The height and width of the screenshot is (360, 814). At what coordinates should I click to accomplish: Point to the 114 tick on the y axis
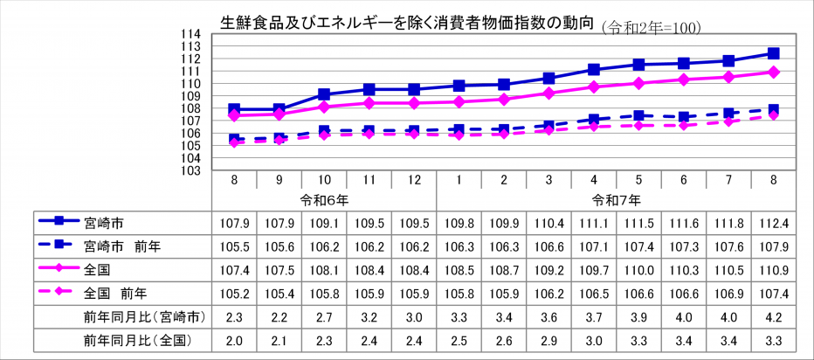tap(191, 34)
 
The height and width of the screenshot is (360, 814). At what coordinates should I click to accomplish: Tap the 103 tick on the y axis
tap(191, 170)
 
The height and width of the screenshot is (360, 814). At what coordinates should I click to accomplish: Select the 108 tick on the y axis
tap(191, 108)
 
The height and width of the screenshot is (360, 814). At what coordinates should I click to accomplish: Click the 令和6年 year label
tap(324, 200)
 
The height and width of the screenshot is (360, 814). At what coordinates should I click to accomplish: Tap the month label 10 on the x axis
tap(324, 179)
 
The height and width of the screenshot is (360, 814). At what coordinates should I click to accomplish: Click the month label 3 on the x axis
tap(548, 179)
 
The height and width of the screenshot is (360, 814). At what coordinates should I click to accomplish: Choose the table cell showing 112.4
tap(773, 222)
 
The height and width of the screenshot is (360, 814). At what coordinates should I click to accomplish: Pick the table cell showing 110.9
tap(773, 269)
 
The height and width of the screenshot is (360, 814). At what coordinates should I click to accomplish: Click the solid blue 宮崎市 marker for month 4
tap(594, 69)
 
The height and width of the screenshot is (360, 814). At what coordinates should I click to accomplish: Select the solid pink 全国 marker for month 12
tap(414, 103)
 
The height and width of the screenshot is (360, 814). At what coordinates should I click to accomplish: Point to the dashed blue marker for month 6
tap(684, 117)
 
